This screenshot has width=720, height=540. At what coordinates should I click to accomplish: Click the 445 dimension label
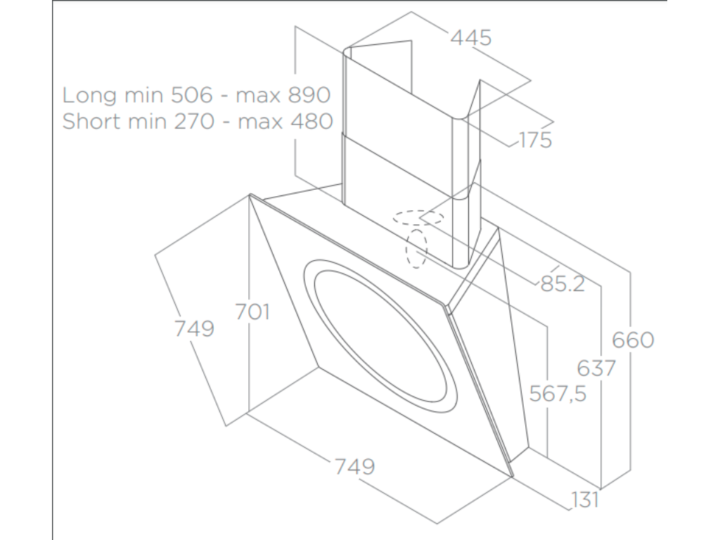point(470,38)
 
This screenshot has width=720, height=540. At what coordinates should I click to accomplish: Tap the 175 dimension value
point(535,140)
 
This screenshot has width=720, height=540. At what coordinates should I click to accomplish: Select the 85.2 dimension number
point(562,285)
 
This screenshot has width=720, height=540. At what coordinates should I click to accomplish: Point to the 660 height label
point(633,340)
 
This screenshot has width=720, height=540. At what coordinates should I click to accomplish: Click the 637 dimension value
point(596,368)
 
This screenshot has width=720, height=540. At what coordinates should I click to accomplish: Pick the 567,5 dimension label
point(559,394)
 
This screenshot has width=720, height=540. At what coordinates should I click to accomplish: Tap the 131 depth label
point(584,500)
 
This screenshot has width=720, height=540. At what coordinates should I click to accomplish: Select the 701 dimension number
point(252,311)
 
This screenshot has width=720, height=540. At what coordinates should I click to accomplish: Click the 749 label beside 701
point(193,328)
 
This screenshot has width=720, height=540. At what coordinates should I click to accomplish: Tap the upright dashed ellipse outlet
point(416,247)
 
